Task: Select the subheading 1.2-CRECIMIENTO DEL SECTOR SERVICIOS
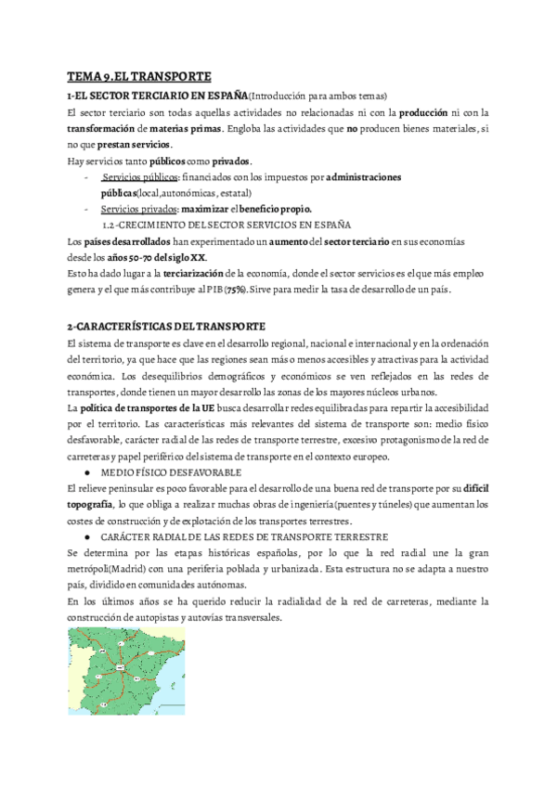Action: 227,226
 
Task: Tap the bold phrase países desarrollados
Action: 120,242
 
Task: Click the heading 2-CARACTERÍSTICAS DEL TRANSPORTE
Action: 166,326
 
